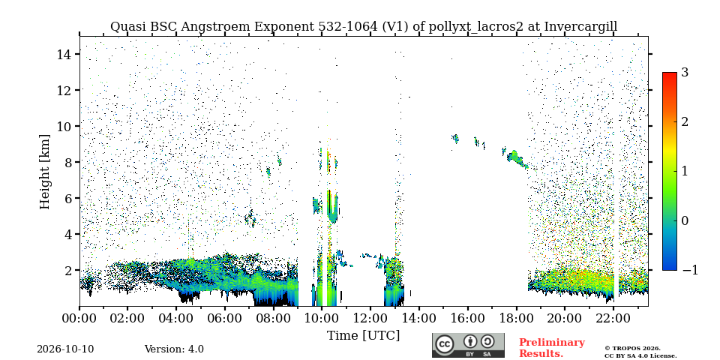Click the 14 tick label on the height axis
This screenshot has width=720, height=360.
66,54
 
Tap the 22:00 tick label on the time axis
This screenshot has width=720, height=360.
613,318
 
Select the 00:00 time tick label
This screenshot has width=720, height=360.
80,318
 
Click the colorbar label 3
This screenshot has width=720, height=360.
685,73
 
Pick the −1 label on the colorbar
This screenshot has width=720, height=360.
690,270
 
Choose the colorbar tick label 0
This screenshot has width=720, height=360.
685,220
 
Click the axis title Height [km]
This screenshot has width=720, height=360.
44,172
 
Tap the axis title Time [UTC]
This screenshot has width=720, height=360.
363,336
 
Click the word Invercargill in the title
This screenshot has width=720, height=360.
580,27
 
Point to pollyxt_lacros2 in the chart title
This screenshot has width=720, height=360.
475,27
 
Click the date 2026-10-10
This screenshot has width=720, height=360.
65,349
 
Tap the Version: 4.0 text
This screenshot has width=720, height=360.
174,349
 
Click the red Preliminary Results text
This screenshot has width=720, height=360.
552,347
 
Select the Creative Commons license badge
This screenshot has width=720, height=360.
468,345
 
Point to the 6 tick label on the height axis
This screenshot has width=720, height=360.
70,198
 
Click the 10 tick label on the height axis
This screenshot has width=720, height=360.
66,126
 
